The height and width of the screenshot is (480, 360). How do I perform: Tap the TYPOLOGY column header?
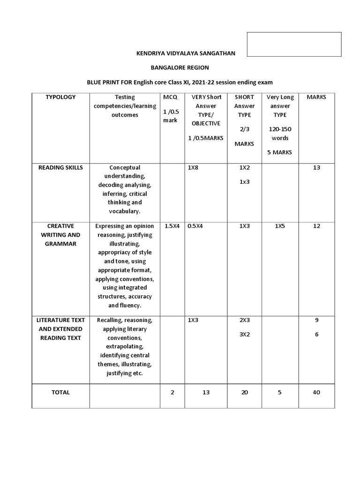[60, 97]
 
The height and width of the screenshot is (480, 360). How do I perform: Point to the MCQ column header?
[171, 97]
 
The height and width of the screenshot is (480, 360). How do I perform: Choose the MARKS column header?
[316, 97]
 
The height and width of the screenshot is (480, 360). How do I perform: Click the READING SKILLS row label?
[60, 167]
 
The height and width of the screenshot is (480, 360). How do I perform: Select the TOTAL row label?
[60, 392]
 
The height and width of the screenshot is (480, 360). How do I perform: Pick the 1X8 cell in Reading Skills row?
[193, 167]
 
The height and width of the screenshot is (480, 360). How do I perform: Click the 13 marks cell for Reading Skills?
[316, 167]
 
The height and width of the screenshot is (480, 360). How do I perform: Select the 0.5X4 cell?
[195, 226]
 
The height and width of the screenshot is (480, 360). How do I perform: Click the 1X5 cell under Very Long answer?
[279, 226]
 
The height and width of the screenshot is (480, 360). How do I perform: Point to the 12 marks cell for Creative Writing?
[316, 226]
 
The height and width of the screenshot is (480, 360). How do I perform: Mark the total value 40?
[316, 392]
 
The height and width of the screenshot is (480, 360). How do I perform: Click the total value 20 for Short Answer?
[244, 392]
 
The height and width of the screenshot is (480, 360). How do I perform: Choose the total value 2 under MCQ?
[172, 392]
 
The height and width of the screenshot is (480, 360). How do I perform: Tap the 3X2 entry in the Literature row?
[244, 335]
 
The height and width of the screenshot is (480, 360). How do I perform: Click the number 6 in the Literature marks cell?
[316, 334]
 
